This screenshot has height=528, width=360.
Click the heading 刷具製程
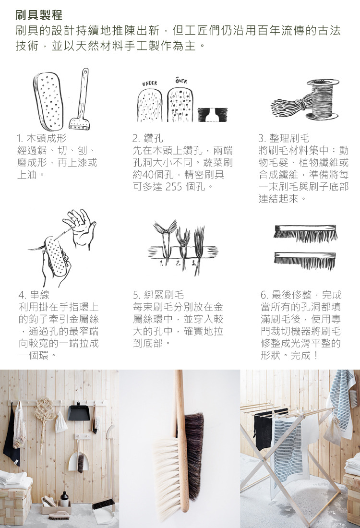39,15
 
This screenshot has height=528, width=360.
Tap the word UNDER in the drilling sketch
150,83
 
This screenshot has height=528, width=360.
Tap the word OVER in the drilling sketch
181,81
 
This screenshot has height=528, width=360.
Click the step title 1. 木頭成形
42,138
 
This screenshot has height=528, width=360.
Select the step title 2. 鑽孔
147,138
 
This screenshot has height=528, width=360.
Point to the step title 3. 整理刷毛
284,138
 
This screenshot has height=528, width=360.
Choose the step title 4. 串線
34,295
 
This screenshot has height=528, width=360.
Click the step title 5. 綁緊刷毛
158,295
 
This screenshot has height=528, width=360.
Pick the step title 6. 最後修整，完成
301,295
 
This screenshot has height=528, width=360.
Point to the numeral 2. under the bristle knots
178,263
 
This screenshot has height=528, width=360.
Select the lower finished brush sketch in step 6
305,261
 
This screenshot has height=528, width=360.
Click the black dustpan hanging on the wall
79,412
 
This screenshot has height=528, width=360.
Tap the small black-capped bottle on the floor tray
65,499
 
